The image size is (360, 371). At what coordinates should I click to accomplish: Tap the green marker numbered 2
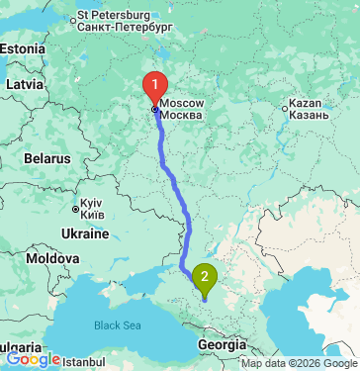tap(205, 277)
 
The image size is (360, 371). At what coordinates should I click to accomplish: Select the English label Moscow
tap(182, 103)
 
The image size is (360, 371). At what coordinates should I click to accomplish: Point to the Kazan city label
tap(309, 103)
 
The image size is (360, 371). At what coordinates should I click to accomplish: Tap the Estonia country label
tap(22, 48)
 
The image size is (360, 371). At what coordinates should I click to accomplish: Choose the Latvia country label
tap(25, 85)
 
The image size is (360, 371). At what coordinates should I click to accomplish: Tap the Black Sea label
tap(118, 325)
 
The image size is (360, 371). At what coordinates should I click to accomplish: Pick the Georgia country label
tap(216, 344)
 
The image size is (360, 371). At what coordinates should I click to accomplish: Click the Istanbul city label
tap(83, 363)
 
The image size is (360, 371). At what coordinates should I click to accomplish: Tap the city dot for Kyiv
tap(75, 208)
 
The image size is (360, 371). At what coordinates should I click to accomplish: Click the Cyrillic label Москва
tap(182, 116)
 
